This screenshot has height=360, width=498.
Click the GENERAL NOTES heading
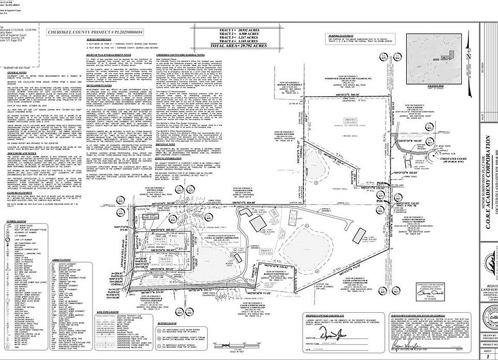[x=16, y=73]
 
